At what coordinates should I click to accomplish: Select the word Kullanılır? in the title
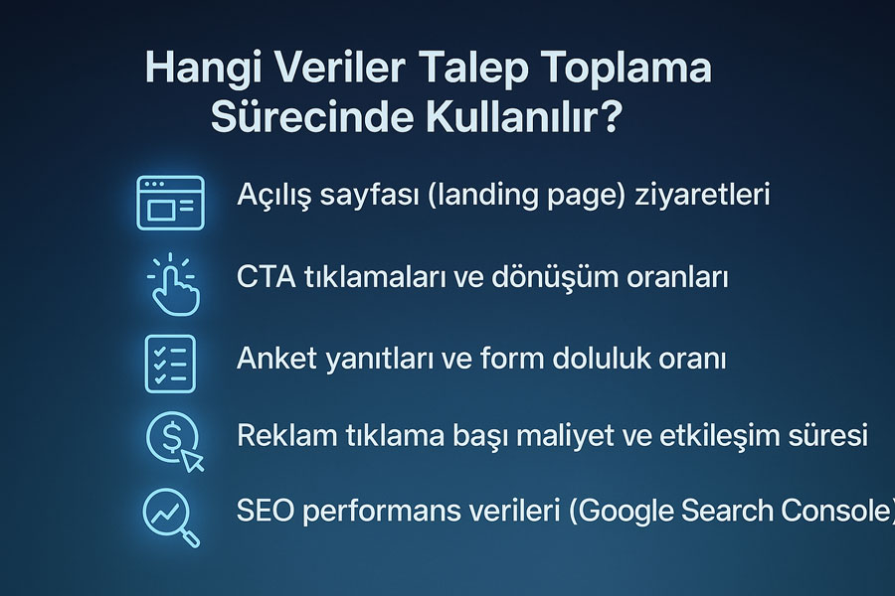click(x=523, y=117)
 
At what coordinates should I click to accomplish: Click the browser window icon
click(x=170, y=203)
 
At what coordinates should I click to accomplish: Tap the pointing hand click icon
click(x=172, y=285)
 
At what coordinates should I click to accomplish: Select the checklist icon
click(x=170, y=364)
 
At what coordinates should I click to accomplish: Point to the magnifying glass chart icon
click(x=171, y=518)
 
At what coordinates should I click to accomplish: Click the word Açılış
click(x=274, y=195)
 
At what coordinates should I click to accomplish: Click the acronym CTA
click(x=266, y=277)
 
